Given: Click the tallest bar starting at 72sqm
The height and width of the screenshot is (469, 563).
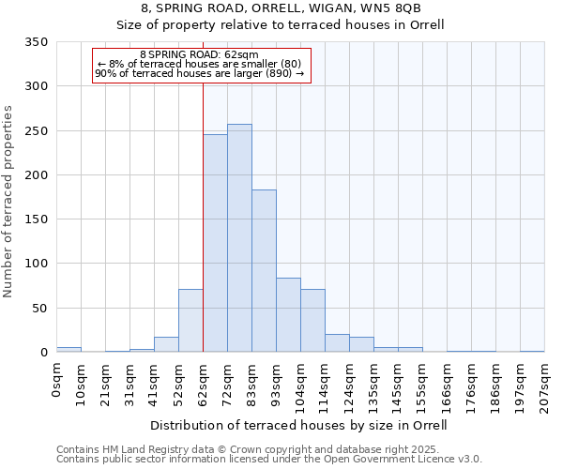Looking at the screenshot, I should [x=239, y=238].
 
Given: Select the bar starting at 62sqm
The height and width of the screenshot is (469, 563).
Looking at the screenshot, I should [x=215, y=244].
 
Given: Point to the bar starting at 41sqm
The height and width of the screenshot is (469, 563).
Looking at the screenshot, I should [x=166, y=344].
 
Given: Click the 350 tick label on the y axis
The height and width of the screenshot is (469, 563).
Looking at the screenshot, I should [x=36, y=42].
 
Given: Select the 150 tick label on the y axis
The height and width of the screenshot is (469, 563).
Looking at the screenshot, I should [x=36, y=219].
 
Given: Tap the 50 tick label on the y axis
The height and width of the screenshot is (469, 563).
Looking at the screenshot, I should [x=39, y=308].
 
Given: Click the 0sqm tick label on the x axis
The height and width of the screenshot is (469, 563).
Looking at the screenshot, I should [x=57, y=381].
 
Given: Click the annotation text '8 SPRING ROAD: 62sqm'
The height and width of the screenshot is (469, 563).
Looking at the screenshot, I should [x=199, y=55].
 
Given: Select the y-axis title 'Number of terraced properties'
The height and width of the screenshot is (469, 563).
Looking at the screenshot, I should [x=9, y=202].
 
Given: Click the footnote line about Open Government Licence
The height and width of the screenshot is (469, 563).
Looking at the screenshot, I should [x=269, y=460].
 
